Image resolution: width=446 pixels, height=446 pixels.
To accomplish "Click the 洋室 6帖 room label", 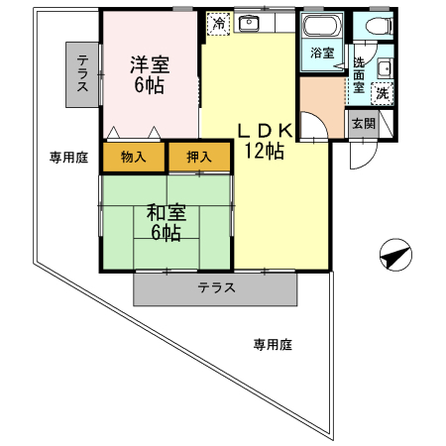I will pyautogui.click(x=152, y=74).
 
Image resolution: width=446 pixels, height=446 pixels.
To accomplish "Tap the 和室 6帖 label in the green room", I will pyautogui.click(x=165, y=222).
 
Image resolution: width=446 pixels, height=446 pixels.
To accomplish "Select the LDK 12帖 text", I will pyautogui.click(x=263, y=139).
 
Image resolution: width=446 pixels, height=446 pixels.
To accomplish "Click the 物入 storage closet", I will pyautogui.click(x=133, y=157).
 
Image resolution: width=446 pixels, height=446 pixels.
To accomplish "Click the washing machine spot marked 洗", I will pyautogui.click(x=382, y=93).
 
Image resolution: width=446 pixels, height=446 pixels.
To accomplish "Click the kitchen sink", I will pyautogui.click(x=249, y=23).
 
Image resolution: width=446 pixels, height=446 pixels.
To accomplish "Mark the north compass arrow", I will pyautogui.click(x=394, y=256).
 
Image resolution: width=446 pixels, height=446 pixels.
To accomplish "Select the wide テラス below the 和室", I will pyautogui.click(x=215, y=288).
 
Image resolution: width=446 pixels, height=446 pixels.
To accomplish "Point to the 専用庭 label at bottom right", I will pyautogui.click(x=272, y=345).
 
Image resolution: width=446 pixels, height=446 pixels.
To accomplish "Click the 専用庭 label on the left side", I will pyautogui.click(x=69, y=157).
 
